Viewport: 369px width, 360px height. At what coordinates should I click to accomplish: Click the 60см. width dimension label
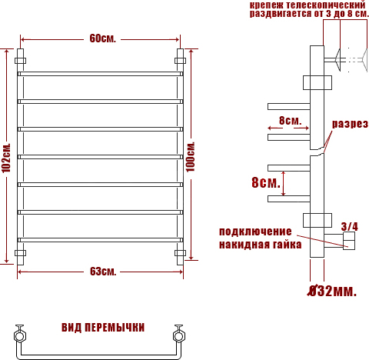click(x=102, y=38)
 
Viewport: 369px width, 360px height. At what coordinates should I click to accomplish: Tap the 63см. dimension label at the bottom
click(x=103, y=272)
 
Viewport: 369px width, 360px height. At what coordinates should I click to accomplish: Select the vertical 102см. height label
click(x=6, y=158)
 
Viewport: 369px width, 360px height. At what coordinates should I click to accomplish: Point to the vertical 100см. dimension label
click(x=191, y=156)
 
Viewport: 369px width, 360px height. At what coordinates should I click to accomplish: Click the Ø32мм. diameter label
click(x=332, y=291)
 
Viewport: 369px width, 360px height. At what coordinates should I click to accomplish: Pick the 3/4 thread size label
click(x=349, y=227)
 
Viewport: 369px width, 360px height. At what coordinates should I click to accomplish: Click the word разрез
click(x=350, y=124)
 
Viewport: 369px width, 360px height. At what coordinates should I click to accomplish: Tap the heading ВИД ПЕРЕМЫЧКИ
click(x=103, y=328)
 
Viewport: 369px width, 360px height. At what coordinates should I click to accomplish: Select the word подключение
click(x=255, y=232)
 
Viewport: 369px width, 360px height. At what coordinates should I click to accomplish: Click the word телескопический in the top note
click(x=325, y=5)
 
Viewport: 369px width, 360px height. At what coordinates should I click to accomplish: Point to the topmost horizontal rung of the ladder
click(x=100, y=74)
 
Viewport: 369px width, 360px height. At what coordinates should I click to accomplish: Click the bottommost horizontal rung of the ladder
click(x=100, y=240)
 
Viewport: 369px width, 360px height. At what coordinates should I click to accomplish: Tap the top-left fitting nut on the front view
click(x=20, y=61)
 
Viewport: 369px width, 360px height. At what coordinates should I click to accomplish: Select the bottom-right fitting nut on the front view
click(x=180, y=253)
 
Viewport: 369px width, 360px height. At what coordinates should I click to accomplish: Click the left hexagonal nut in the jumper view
click(x=20, y=336)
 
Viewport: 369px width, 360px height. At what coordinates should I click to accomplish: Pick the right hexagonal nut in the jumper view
click(x=179, y=336)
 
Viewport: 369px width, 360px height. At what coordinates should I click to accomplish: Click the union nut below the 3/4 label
click(x=349, y=241)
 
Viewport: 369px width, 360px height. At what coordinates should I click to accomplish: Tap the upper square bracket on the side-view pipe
click(x=317, y=82)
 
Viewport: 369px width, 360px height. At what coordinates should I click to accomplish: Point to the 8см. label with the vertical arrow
click(x=266, y=182)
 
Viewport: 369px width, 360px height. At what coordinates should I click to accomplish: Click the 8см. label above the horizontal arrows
click(x=290, y=120)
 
